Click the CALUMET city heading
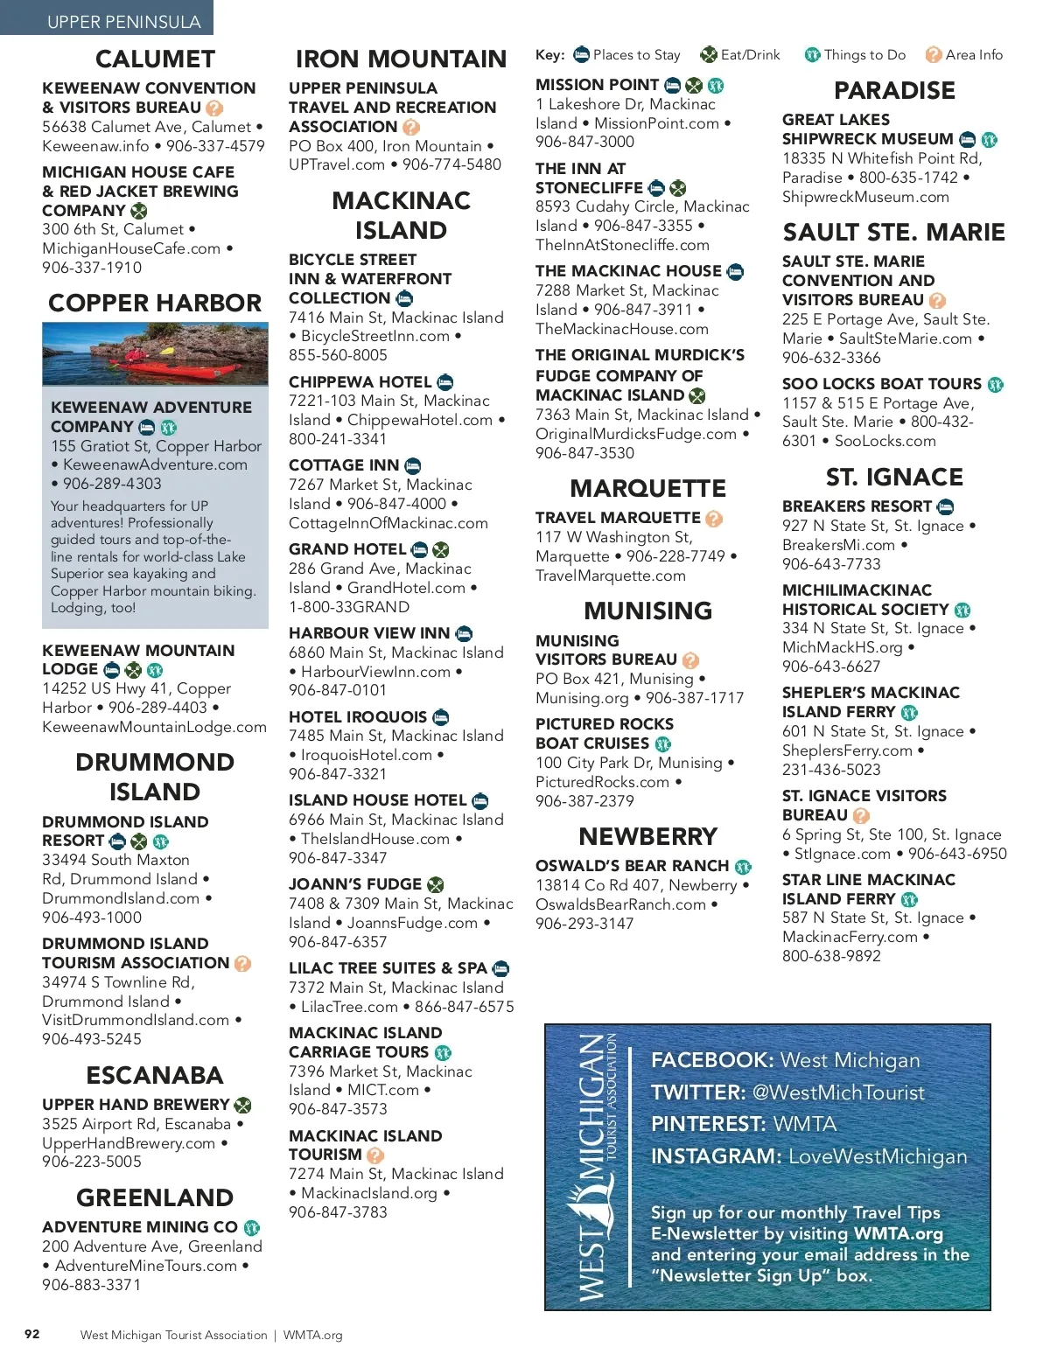155,59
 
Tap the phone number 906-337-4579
215,146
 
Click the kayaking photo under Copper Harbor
155,353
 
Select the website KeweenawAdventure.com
155,464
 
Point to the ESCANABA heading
155,1075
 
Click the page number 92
32,1334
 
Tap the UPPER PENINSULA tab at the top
123,21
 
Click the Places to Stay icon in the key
582,55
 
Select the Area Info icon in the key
934,55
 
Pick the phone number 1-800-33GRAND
349,607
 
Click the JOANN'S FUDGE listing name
355,884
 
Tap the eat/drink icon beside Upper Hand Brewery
243,1106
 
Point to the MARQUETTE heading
647,488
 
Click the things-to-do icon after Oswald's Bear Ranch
743,867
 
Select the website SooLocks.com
885,441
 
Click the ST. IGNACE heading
894,477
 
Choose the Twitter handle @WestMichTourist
838,1092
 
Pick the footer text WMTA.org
312,1335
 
